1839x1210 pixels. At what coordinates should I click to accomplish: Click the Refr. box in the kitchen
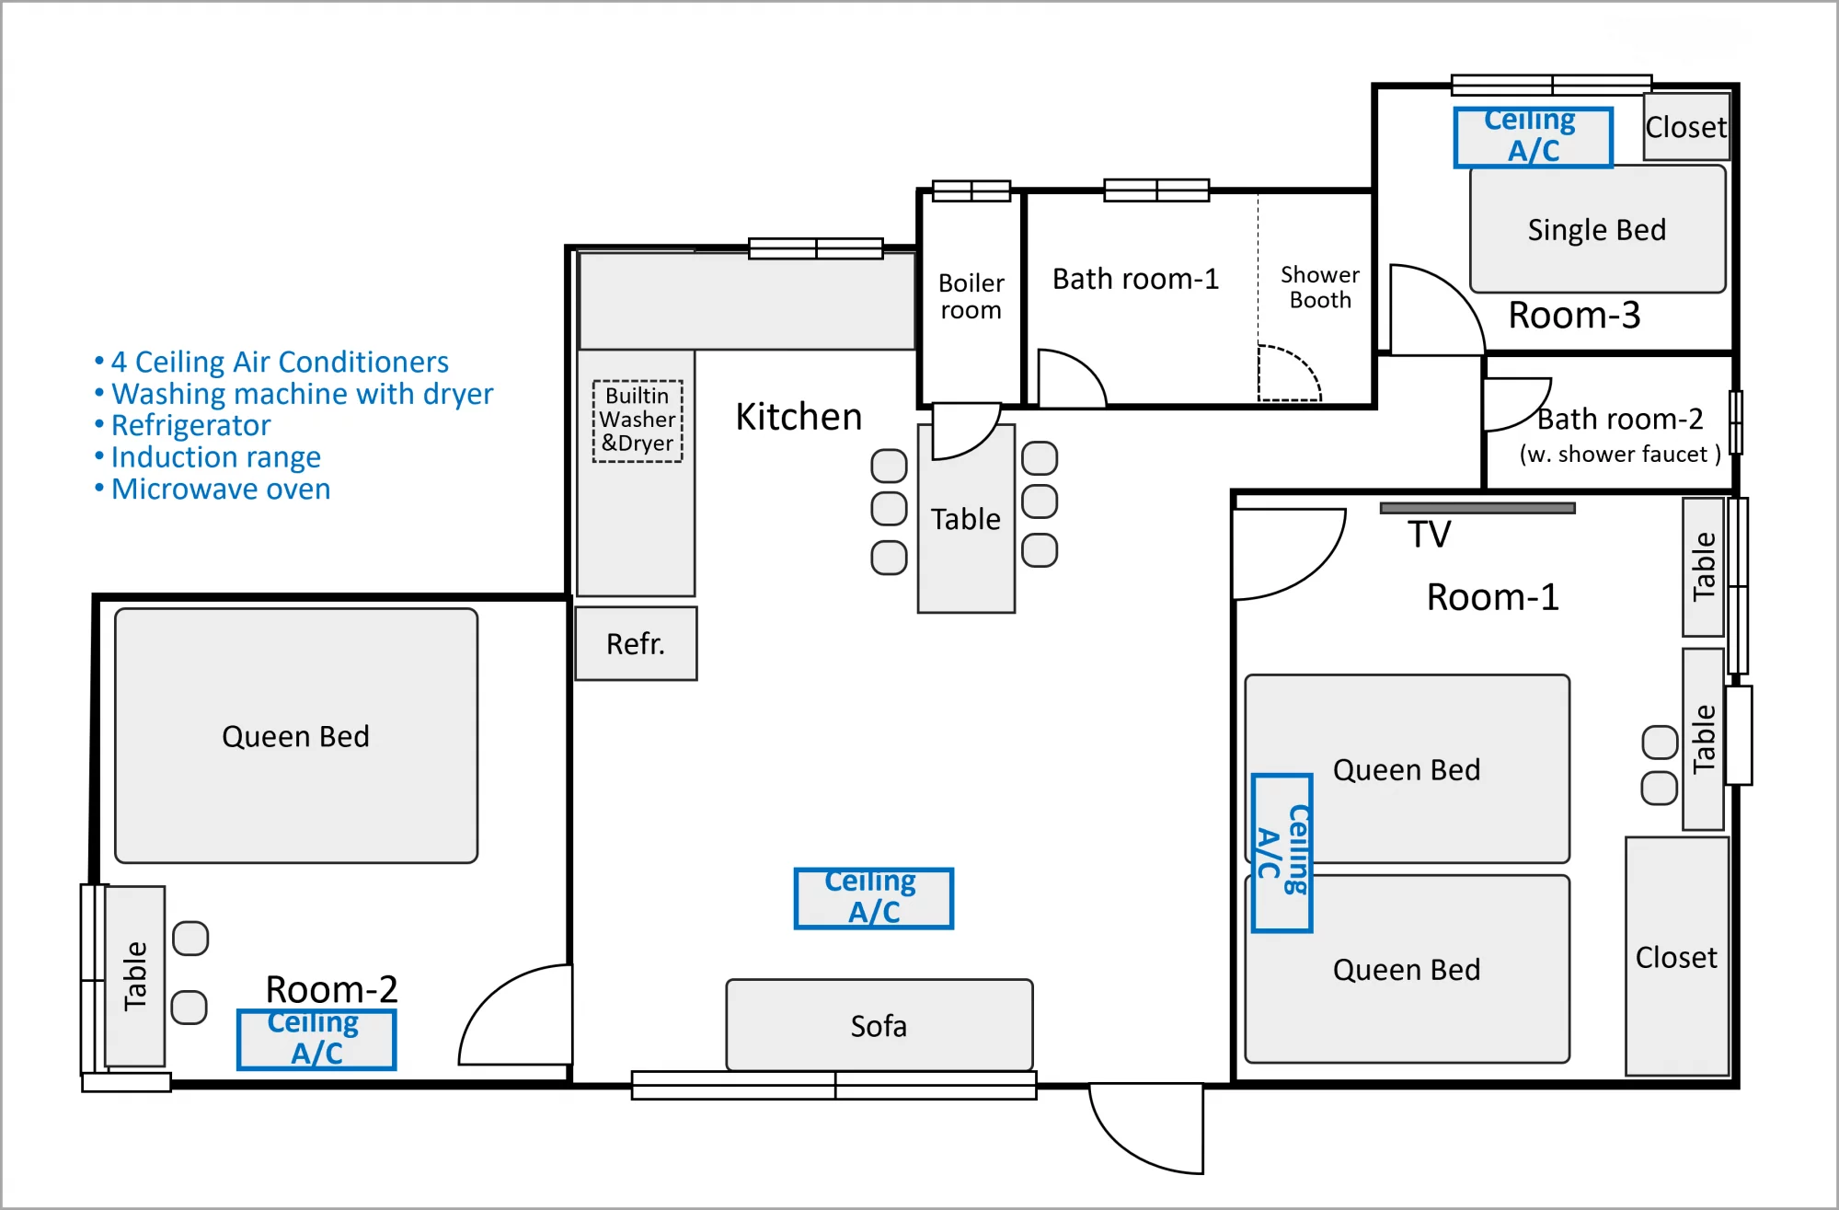(636, 643)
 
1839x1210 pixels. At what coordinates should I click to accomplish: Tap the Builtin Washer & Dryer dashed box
(638, 421)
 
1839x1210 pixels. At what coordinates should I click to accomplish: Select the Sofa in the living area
(879, 1025)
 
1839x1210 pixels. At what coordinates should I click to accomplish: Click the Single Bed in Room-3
(1597, 229)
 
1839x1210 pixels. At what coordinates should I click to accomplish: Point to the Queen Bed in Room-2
(296, 736)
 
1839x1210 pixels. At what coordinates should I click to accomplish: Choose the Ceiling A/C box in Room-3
(1534, 138)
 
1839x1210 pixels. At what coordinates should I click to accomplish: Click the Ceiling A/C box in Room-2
(317, 1040)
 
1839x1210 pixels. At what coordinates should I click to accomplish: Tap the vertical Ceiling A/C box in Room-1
(1282, 853)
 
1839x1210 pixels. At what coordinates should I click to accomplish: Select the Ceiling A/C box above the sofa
(874, 898)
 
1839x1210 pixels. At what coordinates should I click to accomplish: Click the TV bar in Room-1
(1477, 508)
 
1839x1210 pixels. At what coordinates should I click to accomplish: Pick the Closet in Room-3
(1686, 126)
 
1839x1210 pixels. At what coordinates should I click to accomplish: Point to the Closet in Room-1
(1677, 956)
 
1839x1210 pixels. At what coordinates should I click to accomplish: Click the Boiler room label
(971, 296)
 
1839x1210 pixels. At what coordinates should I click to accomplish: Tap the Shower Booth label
(1320, 287)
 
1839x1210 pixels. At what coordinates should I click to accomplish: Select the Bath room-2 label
(1620, 419)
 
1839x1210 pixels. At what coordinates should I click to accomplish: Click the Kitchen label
(799, 417)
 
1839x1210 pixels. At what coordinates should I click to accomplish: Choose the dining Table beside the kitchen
(966, 519)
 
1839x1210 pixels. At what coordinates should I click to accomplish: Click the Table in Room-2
(135, 976)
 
